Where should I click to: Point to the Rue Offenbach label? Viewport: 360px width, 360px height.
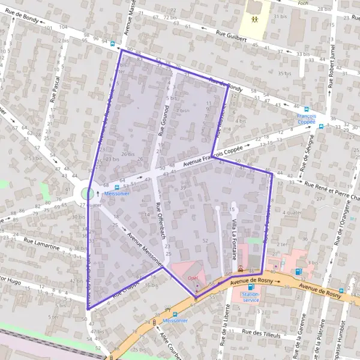[159, 220]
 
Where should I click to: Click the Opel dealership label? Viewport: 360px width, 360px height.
[193, 278]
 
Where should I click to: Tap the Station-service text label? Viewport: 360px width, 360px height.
[250, 296]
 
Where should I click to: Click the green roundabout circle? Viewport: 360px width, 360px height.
[88, 193]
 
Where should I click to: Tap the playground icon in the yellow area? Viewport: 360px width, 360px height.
[256, 19]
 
